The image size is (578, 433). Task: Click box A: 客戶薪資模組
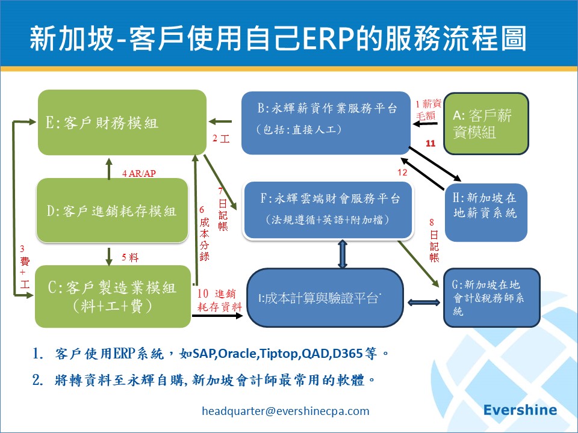click(486, 123)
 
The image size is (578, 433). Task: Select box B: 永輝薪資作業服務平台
click(326, 123)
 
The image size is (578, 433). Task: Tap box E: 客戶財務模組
click(122, 122)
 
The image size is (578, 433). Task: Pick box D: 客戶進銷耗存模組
click(112, 210)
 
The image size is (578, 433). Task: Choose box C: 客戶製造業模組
click(113, 296)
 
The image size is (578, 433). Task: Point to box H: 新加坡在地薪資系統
click(486, 212)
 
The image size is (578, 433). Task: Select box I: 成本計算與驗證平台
click(325, 298)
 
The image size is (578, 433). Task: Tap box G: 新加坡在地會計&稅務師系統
click(491, 298)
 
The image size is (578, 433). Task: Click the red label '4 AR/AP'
click(139, 173)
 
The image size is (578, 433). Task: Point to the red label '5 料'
click(130, 257)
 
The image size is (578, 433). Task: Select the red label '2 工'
click(221, 138)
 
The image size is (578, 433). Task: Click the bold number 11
click(430, 143)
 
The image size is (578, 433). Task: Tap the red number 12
click(402, 172)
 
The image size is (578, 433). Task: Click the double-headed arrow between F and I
click(343, 254)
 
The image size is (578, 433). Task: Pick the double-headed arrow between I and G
click(424, 302)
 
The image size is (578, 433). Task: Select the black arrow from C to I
click(217, 316)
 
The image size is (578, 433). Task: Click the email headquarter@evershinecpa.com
click(285, 411)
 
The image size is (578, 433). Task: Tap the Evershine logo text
click(520, 410)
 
